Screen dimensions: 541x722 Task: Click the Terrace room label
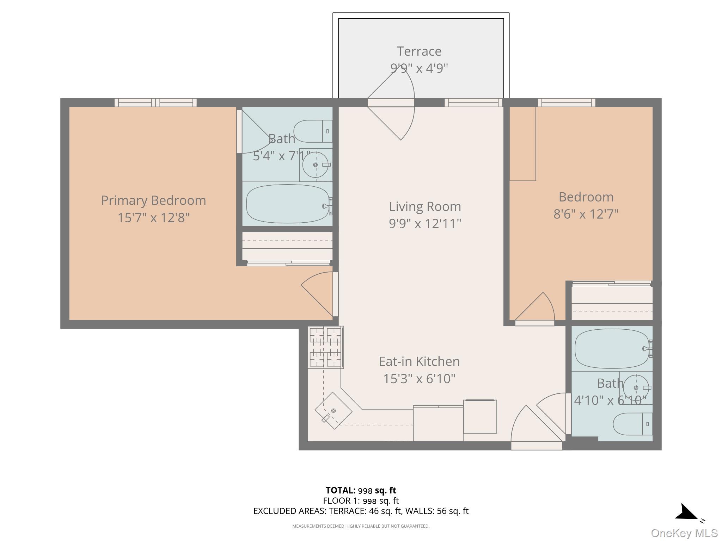coord(419,51)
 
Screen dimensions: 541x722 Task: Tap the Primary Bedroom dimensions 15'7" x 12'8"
coord(153,218)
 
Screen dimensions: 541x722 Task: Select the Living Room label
coord(425,207)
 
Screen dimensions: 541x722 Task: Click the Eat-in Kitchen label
coord(419,361)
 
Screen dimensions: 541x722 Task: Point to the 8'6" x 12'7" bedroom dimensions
coord(586,214)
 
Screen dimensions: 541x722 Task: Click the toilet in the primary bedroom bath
coord(313,131)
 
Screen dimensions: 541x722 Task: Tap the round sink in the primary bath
coord(316,165)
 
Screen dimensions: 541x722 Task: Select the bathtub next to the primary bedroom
coord(287,204)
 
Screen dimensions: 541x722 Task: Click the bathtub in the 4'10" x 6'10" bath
coord(611,349)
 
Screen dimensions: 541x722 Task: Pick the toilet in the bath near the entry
coord(632,424)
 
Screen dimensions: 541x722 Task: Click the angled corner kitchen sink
coord(333,410)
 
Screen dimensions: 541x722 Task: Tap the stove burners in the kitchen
coord(325,347)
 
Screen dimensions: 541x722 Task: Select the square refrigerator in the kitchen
coord(480,417)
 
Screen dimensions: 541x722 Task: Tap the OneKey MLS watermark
coord(684,533)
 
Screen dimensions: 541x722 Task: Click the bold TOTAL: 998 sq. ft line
coord(361,490)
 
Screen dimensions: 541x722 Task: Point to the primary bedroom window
coord(155,102)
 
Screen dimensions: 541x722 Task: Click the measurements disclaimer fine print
coord(361,526)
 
